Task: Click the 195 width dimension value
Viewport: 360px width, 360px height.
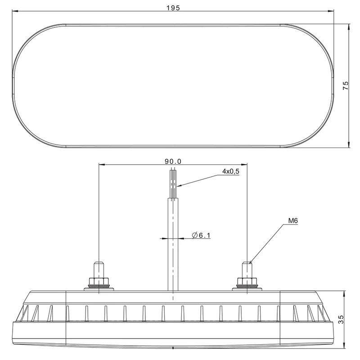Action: coord(173,8)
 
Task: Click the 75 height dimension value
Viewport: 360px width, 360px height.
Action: coord(346,85)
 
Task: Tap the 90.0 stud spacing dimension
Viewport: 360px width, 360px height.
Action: coord(173,162)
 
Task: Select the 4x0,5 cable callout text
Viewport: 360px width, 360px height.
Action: coord(231,171)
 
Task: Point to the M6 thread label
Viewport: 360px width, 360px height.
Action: coord(293,221)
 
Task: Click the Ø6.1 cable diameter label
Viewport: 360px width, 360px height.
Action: coord(201,235)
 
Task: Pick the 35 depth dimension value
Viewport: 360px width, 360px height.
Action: coord(341,319)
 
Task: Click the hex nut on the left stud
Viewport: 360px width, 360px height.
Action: coord(99,281)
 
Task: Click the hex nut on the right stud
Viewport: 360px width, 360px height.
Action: coord(247,281)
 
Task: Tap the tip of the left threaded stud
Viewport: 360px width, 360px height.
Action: coord(99,262)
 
